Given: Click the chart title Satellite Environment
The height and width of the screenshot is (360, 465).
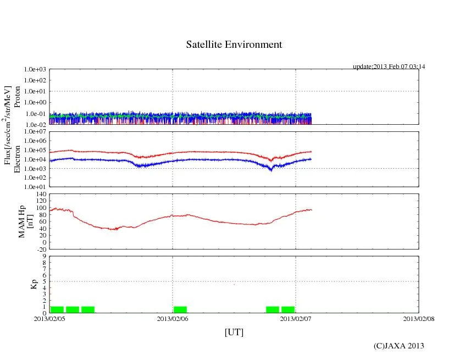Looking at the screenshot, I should pos(234,45).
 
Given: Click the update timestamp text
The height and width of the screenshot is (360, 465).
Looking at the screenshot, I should pos(389,67).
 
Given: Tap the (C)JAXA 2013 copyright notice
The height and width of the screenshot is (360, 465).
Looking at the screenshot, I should pos(398,346).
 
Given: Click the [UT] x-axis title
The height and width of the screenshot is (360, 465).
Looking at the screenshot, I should pos(234,332).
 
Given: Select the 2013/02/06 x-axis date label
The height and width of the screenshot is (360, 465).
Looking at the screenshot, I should pos(173,318).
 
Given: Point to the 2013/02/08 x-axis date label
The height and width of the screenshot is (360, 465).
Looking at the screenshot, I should pos(418,318).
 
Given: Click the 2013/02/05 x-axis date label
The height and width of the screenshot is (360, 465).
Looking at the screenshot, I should pos(49,318).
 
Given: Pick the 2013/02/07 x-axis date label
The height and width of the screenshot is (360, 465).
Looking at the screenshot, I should pos(296,318).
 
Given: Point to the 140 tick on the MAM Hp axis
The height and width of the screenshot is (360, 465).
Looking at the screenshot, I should pos(40,194).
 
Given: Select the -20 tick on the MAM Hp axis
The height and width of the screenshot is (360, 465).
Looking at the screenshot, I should pos(40,249).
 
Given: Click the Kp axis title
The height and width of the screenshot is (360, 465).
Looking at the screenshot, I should pos(34,284).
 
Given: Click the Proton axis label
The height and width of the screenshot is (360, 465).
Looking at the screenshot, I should pos(17,97).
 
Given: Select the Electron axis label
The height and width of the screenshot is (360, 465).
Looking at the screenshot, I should pos(17,159).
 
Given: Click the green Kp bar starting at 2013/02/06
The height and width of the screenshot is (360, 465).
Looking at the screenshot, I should pos(180,309).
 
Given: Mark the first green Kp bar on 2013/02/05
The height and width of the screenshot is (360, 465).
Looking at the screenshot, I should pos(57,309).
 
